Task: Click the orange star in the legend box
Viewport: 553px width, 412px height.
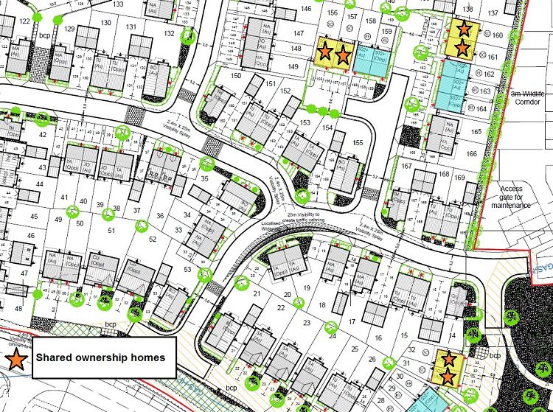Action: pyautogui.click(x=16, y=358)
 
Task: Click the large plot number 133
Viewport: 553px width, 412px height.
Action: pyautogui.click(x=118, y=4)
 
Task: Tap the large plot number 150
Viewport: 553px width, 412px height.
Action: pyautogui.click(x=236, y=75)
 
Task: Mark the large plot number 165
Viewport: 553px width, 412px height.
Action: pyautogui.click(x=476, y=133)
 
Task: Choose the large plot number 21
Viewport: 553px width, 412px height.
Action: pyautogui.click(x=257, y=293)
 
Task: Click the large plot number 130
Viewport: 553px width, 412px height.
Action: pyautogui.click(x=106, y=23)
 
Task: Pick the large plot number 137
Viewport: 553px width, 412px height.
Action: pyautogui.click(x=493, y=13)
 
